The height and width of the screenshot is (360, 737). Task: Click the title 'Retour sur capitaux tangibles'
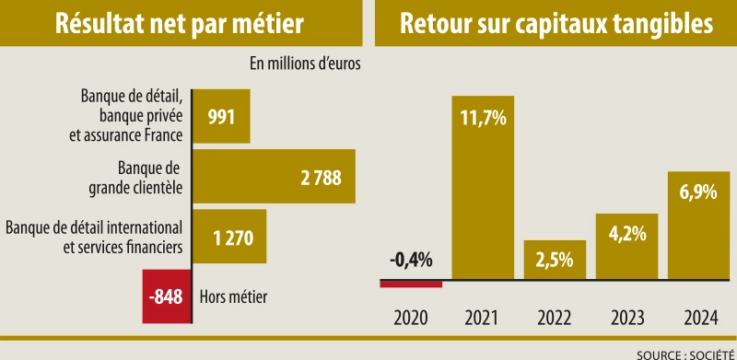pos(556,23)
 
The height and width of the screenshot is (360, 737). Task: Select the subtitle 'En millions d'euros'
pos(304,64)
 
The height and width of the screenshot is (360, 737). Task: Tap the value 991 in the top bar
pos(222,117)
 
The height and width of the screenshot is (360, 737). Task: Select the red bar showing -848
pos(167,296)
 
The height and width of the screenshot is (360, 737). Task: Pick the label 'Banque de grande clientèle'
pos(140,179)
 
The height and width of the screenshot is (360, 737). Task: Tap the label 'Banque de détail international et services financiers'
pos(94,237)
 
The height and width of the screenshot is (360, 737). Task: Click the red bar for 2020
pos(411,284)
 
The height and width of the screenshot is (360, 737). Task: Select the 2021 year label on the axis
pos(483,319)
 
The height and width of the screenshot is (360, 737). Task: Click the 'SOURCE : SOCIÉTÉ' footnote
pos(679,353)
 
